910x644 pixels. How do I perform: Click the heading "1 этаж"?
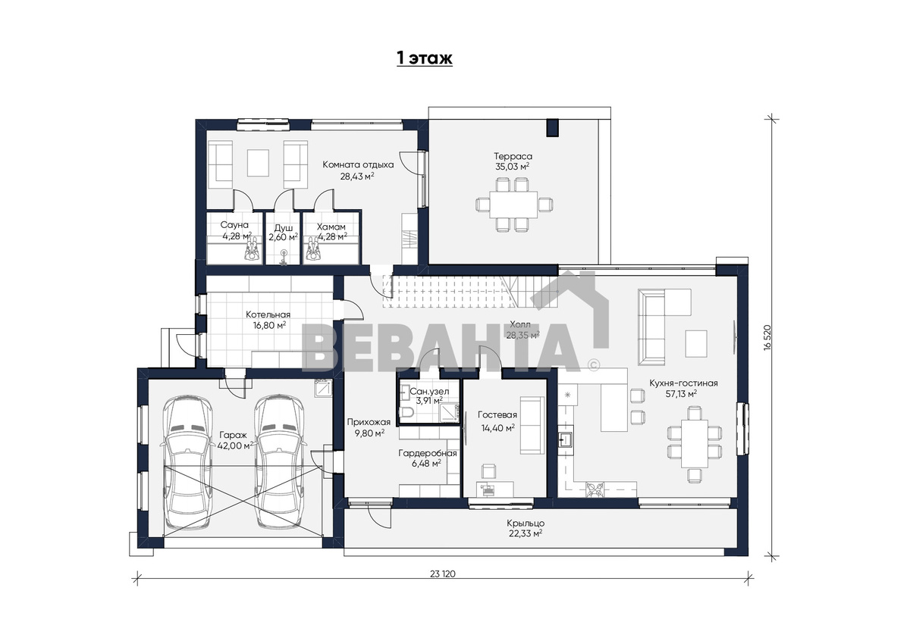(x=425, y=58)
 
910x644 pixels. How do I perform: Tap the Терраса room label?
(x=513, y=156)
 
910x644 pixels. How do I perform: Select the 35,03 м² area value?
(x=513, y=167)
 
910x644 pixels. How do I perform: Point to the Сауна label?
(x=234, y=225)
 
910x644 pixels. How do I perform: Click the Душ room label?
(x=283, y=228)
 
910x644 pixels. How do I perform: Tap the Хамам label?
(x=331, y=227)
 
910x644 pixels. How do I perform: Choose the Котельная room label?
(x=268, y=314)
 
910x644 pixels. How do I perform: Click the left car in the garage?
(x=187, y=462)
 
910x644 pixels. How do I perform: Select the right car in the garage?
(x=280, y=462)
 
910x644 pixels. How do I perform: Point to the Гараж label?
(x=234, y=436)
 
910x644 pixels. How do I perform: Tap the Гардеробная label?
(x=428, y=453)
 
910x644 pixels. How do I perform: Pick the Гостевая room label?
(x=497, y=414)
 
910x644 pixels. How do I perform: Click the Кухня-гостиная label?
(x=683, y=383)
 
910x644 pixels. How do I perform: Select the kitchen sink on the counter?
(x=565, y=439)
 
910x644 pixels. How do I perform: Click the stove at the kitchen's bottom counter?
(x=595, y=489)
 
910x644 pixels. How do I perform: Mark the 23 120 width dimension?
(x=443, y=574)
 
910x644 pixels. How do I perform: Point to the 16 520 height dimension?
(x=767, y=338)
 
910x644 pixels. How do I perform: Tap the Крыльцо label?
(x=526, y=524)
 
